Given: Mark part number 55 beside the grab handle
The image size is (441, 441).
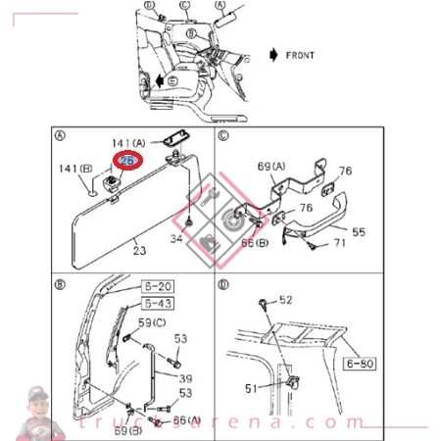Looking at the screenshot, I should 359,234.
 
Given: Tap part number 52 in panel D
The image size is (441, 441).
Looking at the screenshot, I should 286,300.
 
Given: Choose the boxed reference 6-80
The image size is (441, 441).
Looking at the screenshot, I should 360,364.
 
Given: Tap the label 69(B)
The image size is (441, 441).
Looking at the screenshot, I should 127,430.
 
